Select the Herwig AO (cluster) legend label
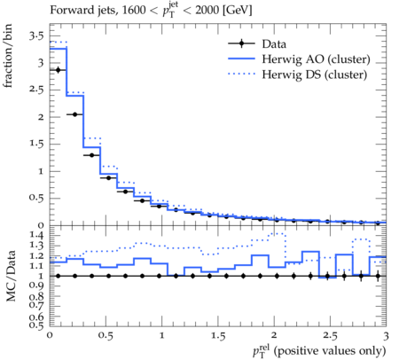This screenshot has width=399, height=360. coord(316,59)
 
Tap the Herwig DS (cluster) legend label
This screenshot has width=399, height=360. coord(314,74)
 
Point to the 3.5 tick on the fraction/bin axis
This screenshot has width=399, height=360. coord(36,35)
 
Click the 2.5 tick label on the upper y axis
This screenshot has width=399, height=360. coord(36,90)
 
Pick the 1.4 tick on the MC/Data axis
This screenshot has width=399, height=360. coord(36,236)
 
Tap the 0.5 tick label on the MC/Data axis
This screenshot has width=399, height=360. coord(36,325)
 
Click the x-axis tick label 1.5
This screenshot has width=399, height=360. coord(218,336)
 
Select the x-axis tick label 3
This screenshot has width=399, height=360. coord(386,336)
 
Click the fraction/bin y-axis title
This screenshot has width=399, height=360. coord(7,56)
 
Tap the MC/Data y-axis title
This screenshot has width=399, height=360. coord(11,276)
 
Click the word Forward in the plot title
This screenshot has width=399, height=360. coord(68,10)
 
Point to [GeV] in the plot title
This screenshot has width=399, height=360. coord(237,10)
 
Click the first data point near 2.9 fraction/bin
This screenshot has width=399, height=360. coord(58,70)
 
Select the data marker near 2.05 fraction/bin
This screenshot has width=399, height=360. coord(74,114)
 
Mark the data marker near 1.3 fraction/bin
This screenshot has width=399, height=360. coord(91,155)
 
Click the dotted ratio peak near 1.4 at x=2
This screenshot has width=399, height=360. coord(277,233)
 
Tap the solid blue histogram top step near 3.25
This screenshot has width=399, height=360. coord(59,48)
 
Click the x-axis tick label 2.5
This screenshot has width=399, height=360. coord(330,336)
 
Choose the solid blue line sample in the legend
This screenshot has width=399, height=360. coord(241,59)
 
